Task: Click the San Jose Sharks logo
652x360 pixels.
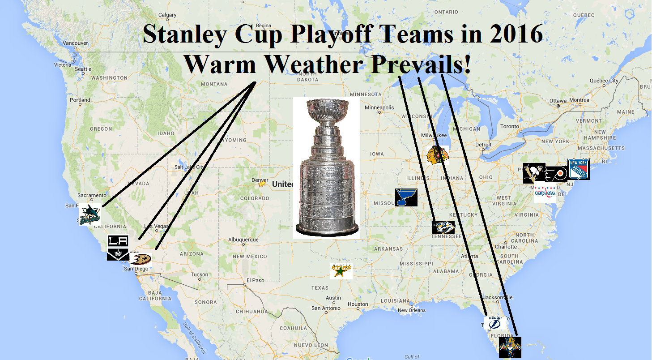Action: tap(89, 214)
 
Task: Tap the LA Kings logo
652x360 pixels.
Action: tap(118, 248)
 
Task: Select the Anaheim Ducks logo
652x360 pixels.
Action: tap(141, 259)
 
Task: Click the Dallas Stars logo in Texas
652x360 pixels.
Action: tap(341, 271)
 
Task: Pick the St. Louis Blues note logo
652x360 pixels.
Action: tap(406, 197)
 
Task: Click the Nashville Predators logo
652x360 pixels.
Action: tap(443, 227)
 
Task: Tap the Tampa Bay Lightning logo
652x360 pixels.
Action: tap(495, 323)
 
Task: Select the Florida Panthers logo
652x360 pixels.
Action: tap(510, 347)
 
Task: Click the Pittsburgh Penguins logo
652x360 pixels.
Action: tap(533, 173)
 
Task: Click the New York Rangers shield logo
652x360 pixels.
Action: tap(578, 169)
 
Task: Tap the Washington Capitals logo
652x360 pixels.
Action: tap(545, 193)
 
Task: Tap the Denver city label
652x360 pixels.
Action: tap(260, 180)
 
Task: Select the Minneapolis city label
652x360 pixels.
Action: tap(379, 108)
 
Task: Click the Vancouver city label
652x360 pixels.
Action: tap(75, 43)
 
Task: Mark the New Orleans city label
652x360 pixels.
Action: tap(411, 310)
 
